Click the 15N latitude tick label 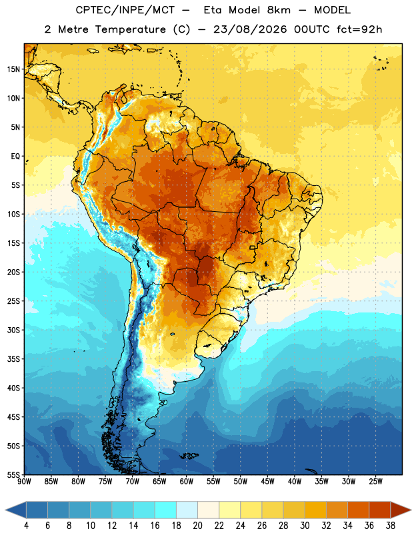click(x=13, y=69)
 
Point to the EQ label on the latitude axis click(x=15, y=157)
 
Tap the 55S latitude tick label click(x=13, y=474)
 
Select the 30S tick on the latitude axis click(x=13, y=330)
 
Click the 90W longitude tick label click(x=24, y=482)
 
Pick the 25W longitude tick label click(x=375, y=482)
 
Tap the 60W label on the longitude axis click(x=187, y=482)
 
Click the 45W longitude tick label click(x=267, y=482)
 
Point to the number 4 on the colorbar click(x=26, y=526)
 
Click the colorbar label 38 click(x=391, y=526)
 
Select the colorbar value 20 click(x=197, y=526)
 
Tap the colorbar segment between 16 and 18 click(x=166, y=510)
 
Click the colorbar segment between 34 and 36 click(x=359, y=510)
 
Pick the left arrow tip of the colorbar click(x=5, y=510)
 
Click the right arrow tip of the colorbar click(x=411, y=510)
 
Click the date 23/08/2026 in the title click(x=250, y=29)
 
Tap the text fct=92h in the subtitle click(x=359, y=29)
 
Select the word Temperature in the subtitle click(x=130, y=29)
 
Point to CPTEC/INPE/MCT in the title click(x=125, y=10)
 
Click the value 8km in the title click(x=279, y=10)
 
